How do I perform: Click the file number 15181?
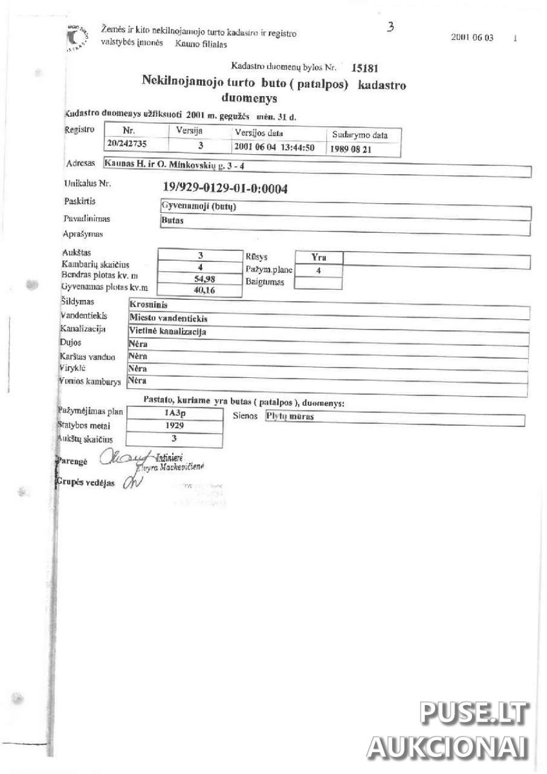point(365,68)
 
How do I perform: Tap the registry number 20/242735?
point(128,145)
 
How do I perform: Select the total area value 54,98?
point(200,279)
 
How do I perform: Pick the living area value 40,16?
point(199,290)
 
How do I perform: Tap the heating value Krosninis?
point(149,305)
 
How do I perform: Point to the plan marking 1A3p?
point(175,413)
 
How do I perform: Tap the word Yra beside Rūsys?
point(319,258)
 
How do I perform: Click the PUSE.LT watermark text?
point(473,714)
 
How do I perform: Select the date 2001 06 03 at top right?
point(472,37)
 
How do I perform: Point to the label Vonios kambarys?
point(91,382)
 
